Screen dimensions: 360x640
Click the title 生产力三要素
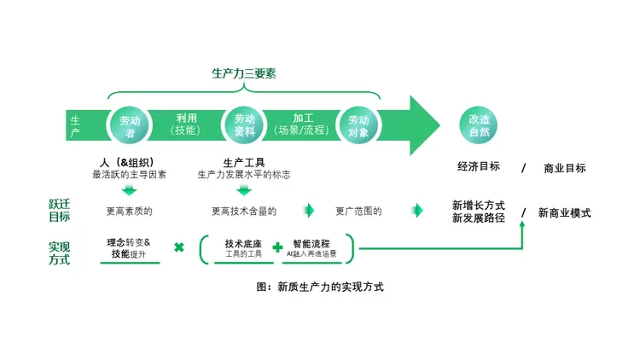[244, 73]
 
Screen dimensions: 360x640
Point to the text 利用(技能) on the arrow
[187, 125]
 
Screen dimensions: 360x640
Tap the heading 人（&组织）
[129, 162]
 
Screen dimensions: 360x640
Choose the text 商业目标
[565, 168]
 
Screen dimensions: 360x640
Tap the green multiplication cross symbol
[179, 247]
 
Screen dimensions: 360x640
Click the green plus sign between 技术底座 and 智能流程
[277, 247]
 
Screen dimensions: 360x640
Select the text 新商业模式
[564, 213]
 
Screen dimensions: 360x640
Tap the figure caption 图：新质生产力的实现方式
[320, 287]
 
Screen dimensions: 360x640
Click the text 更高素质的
[129, 211]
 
